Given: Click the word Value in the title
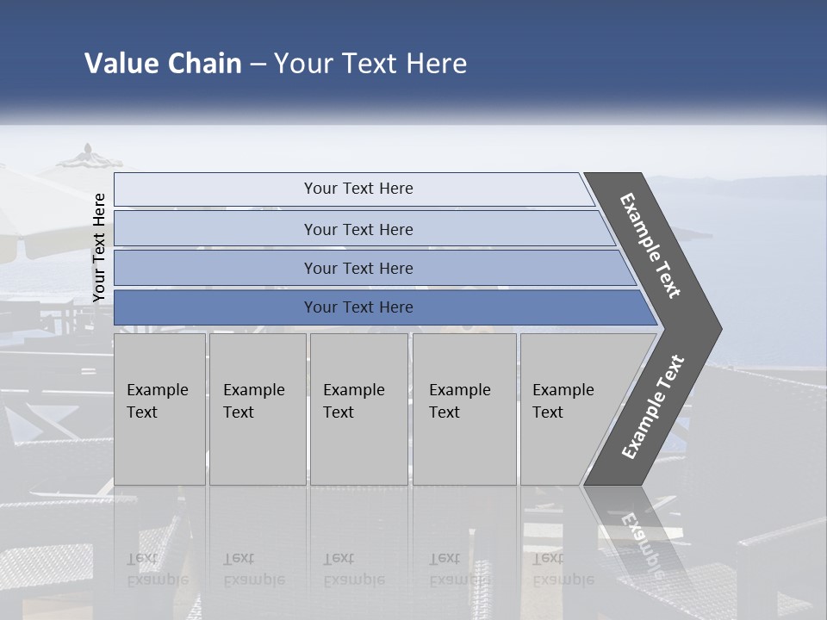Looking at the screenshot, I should pos(120,64).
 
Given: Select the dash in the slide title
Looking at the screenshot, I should pos(258,65).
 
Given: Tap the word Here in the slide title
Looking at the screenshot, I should pos(436,64).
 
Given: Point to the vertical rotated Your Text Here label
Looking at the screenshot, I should pos(99,247).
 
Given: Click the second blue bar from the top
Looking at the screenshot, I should pos(358,229).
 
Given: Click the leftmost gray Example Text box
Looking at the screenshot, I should pos(159,409).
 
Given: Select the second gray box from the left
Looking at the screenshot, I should pos(258,409).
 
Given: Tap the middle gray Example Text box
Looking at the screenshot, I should pos(358,409).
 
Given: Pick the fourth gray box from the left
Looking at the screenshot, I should pos(464,409).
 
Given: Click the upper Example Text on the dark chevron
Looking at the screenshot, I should pos(650,246).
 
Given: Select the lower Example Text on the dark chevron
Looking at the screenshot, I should pos(653,407).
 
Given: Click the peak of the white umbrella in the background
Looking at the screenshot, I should pos(89,148).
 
